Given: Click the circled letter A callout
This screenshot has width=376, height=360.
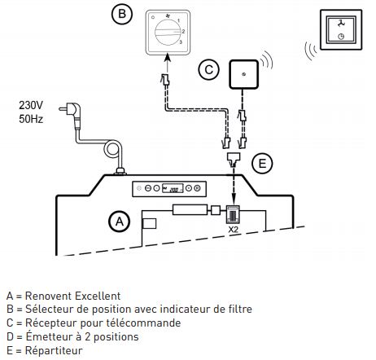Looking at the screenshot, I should pos(120,220).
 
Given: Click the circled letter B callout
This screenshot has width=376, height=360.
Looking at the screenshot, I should pos(122,15).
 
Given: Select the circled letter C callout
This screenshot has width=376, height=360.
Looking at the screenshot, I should pos(209,71).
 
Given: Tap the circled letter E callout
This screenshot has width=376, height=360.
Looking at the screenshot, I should pos(261,164).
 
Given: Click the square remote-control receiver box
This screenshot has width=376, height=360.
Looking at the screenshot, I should pos(243,75).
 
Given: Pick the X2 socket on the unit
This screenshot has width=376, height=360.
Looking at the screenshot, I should pos(233,213).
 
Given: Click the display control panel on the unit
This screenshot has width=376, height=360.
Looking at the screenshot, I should pos(172,189).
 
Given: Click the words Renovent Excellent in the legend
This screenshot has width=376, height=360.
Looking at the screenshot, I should pos(73,295).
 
